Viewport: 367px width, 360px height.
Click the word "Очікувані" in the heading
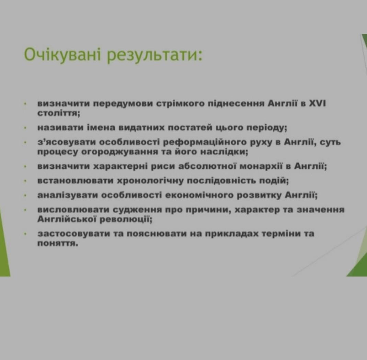pos(62,55)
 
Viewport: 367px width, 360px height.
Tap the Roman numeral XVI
pos(317,103)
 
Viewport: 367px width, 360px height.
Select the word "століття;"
pos(59,113)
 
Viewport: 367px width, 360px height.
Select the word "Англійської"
pos(67,220)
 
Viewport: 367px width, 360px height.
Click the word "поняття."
pos(58,244)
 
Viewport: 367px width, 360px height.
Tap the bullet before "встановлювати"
pos(25,181)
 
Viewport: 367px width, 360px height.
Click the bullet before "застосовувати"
pos(25,234)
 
